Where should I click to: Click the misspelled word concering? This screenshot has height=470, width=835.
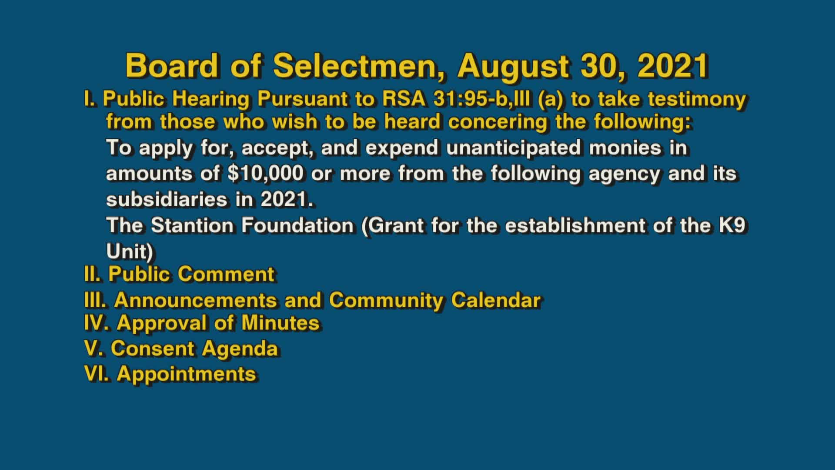coord(498,121)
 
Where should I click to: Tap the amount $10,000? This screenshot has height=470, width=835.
coord(265,174)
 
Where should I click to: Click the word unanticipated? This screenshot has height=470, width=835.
coord(513,148)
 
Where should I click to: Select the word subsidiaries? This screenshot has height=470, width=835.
coord(167,200)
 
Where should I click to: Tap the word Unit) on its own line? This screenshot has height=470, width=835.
coord(130,251)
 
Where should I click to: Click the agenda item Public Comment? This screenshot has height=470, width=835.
coord(191,274)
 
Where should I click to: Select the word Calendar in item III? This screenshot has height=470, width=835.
coord(495,300)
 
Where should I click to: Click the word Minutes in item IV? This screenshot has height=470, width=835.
coord(280,323)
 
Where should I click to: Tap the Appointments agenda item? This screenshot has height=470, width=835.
coord(186,374)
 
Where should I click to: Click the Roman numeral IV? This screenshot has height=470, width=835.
coord(98,323)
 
